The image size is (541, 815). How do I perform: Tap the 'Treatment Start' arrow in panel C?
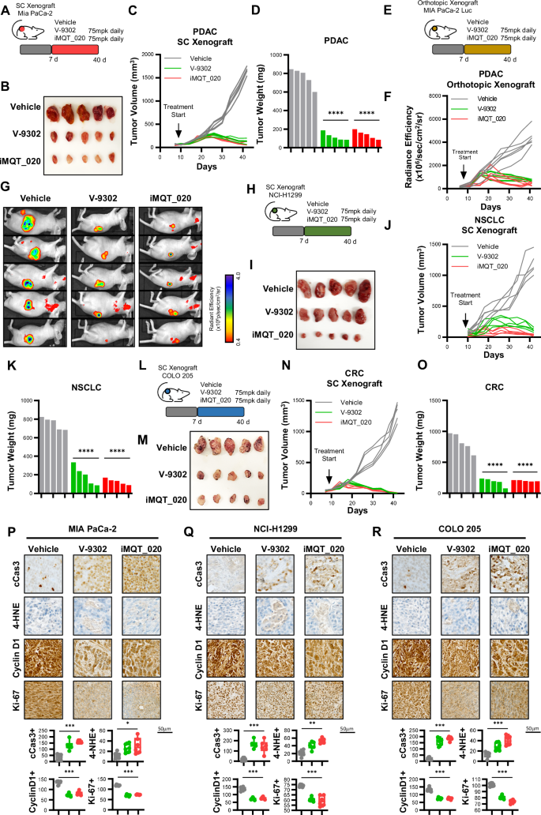pos(178,134)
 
